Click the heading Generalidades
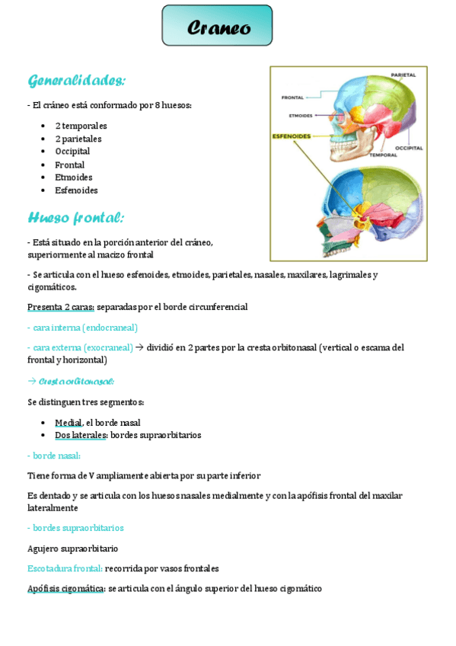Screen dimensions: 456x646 pyautogui.click(x=76, y=81)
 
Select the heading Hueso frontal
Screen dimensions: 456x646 pyautogui.click(x=75, y=218)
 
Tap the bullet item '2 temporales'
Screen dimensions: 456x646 pyautogui.click(x=81, y=126)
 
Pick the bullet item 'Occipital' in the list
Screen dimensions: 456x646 pyautogui.click(x=72, y=152)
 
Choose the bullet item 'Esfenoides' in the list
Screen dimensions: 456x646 pyautogui.click(x=76, y=190)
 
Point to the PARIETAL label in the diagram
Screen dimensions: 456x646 pyautogui.click(x=403, y=75)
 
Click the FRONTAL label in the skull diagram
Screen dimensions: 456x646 pyautogui.click(x=293, y=98)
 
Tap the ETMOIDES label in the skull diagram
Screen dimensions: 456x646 pyautogui.click(x=301, y=116)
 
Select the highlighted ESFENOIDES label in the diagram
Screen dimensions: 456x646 pyautogui.click(x=292, y=136)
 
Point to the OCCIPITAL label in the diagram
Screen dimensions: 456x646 pyautogui.click(x=409, y=148)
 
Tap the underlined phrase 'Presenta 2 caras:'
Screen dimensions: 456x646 pyautogui.click(x=61, y=307)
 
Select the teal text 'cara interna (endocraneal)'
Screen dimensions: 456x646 pyautogui.click(x=82, y=328)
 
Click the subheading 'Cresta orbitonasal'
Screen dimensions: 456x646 pyautogui.click(x=76, y=382)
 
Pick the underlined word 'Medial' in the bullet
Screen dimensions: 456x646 pyautogui.click(x=68, y=423)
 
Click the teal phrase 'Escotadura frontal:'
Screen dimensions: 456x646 pyautogui.click(x=65, y=568)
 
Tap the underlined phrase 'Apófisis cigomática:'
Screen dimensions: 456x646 pyautogui.click(x=66, y=589)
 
